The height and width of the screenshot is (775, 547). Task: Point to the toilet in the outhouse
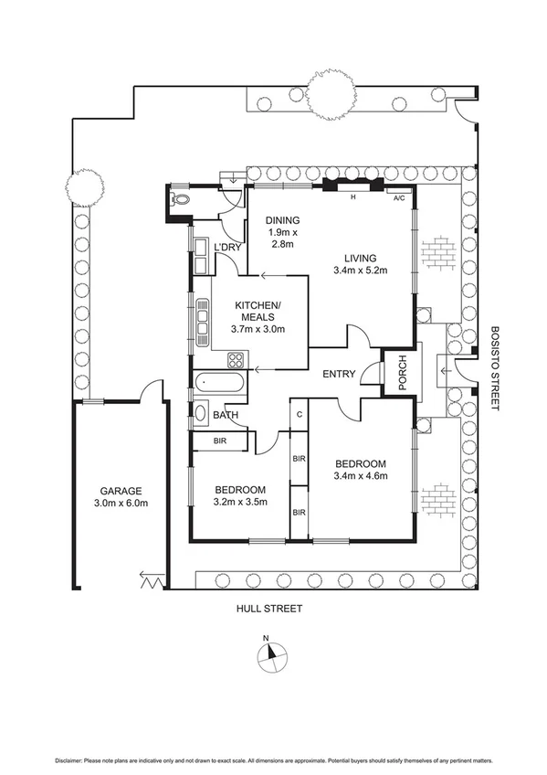[180, 198]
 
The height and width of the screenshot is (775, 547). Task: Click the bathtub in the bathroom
[218, 383]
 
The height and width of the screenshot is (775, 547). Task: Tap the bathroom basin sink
[201, 412]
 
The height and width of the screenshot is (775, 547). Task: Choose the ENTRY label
[338, 374]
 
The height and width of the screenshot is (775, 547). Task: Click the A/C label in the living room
[399, 198]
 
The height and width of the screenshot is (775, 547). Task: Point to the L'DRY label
[226, 249]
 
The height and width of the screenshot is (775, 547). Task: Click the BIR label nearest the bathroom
[220, 441]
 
